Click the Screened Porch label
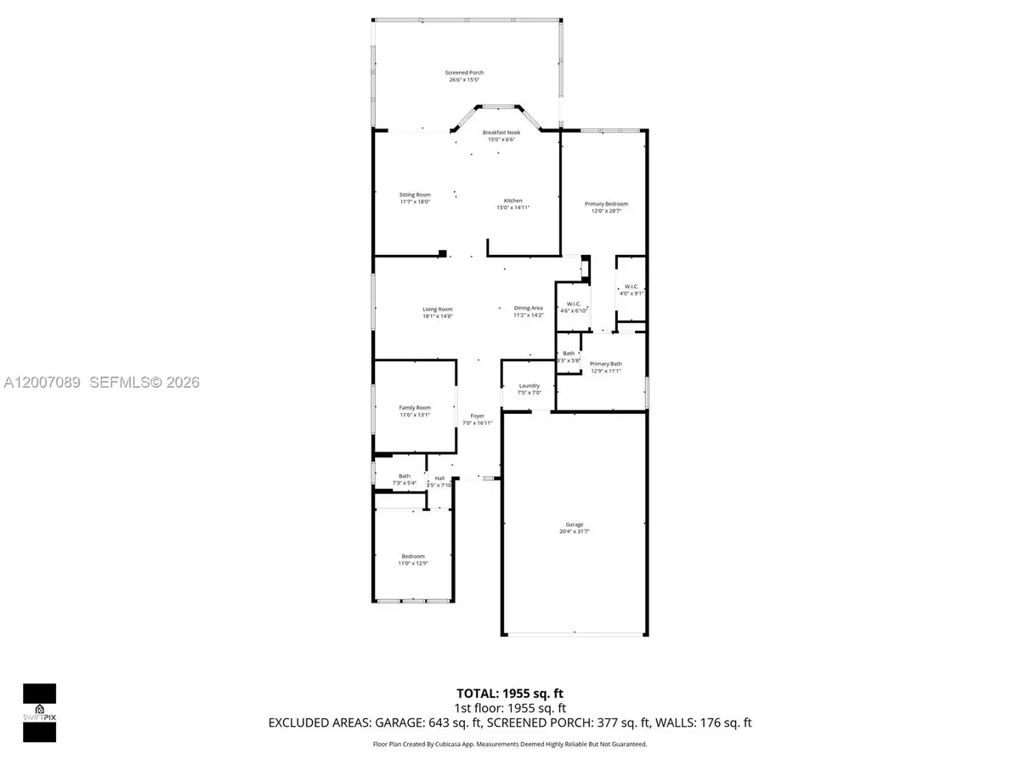tap(464, 73)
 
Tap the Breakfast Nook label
tap(501, 133)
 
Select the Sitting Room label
tap(415, 195)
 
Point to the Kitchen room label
tap(513, 201)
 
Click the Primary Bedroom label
tap(606, 204)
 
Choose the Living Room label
tap(438, 309)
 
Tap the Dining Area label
tap(528, 309)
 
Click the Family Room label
tap(415, 408)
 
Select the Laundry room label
tap(530, 386)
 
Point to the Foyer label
tap(477, 416)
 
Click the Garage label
tap(575, 524)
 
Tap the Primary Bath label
tap(606, 364)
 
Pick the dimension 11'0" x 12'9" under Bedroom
tap(413, 564)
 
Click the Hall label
tap(439, 479)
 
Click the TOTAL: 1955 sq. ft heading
tap(510, 693)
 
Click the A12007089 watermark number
tap(41, 383)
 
